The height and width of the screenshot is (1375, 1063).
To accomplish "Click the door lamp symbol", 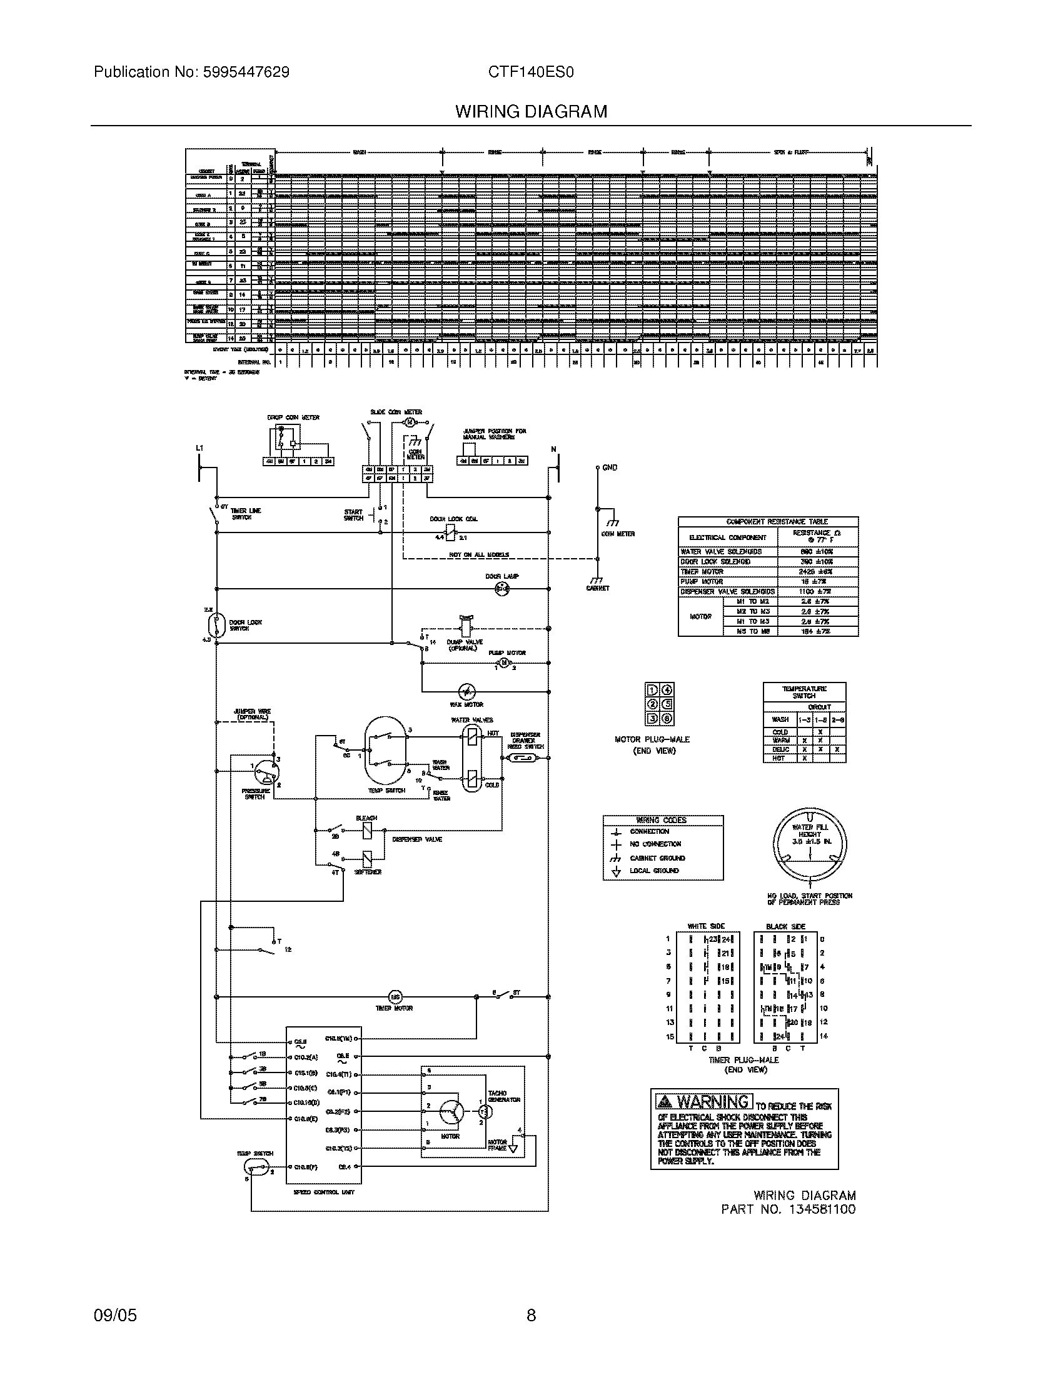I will pyautogui.click(x=502, y=589).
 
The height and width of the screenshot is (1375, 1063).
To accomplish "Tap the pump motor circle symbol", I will pyautogui.click(x=504, y=663).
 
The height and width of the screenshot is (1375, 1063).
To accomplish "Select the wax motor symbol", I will pyautogui.click(x=466, y=691).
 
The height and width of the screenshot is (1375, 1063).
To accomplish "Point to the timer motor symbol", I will pyautogui.click(x=395, y=997).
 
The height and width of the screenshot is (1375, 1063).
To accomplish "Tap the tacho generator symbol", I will pyautogui.click(x=485, y=1112).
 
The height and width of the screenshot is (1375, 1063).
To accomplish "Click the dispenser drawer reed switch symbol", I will pyautogui.click(x=522, y=758).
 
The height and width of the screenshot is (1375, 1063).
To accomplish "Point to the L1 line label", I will pyautogui.click(x=199, y=448).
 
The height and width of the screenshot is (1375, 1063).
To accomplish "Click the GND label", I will pyautogui.click(x=610, y=467).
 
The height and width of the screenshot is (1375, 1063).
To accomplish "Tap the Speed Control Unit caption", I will pyautogui.click(x=325, y=1192).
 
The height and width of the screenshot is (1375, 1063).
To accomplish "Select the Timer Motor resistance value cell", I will pyautogui.click(x=817, y=572).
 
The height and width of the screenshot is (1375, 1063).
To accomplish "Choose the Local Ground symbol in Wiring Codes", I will pyautogui.click(x=617, y=871).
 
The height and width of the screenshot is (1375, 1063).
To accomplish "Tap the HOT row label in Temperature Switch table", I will pyautogui.click(x=780, y=759).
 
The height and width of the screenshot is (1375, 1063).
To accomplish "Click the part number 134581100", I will pyautogui.click(x=821, y=1209).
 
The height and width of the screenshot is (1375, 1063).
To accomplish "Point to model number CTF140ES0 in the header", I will pyautogui.click(x=531, y=72).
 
